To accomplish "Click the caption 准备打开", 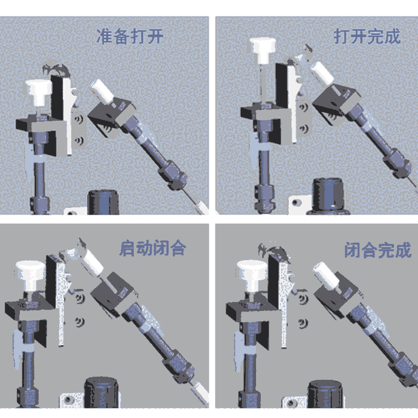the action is (x=130, y=36).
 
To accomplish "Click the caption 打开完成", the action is (x=367, y=36).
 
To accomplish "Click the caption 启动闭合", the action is (x=153, y=248).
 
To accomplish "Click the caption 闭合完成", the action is (x=378, y=250).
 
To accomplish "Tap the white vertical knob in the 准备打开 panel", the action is (x=38, y=92).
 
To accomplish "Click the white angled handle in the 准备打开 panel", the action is (x=102, y=91).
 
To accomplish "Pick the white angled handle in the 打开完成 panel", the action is (x=322, y=73).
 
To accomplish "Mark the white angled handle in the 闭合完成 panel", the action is (x=326, y=275).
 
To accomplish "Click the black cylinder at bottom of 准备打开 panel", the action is (x=103, y=202).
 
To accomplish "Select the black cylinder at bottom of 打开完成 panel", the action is (x=329, y=196).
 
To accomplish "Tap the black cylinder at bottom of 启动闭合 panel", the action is (x=101, y=392).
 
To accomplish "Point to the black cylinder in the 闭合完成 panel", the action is (x=325, y=394).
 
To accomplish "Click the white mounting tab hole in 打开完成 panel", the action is (x=295, y=203).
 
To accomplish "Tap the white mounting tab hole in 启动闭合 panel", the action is (x=68, y=400).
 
